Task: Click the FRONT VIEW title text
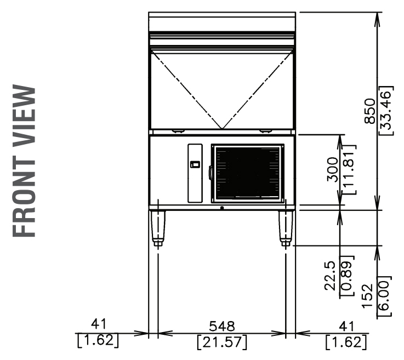point(24,161)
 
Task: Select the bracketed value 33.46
point(386,111)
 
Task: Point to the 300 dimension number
point(332,170)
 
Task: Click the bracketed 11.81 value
point(349,170)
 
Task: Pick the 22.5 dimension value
point(330,276)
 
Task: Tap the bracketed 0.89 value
point(346,276)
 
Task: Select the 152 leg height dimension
point(367,296)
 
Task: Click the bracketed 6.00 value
point(384,296)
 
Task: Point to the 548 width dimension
point(222,326)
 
